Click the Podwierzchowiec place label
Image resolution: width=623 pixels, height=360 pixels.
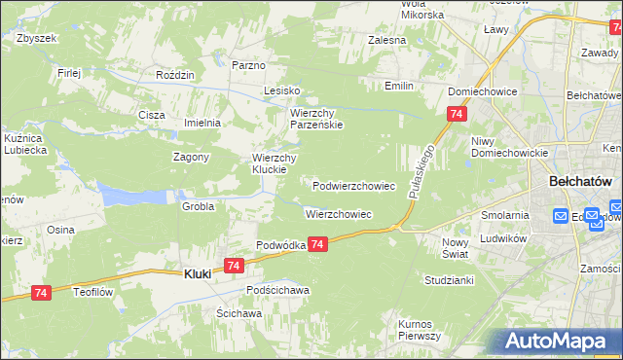pyautogui.click(x=353, y=185)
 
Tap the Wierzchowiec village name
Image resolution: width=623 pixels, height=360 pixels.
pyautogui.click(x=339, y=214)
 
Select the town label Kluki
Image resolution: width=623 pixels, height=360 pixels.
pyautogui.click(x=200, y=275)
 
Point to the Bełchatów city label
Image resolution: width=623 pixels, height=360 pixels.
pyautogui.click(x=579, y=181)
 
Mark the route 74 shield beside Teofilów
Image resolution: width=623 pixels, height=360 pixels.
pyautogui.click(x=41, y=292)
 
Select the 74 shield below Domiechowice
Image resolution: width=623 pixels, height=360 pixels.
pyautogui.click(x=456, y=115)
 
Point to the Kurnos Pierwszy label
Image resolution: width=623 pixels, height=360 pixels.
pyautogui.click(x=420, y=329)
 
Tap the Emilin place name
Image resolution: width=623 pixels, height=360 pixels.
pyautogui.click(x=398, y=86)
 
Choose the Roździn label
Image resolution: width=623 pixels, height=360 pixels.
pyautogui.click(x=175, y=74)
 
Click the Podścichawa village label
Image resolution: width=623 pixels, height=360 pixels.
pyautogui.click(x=277, y=290)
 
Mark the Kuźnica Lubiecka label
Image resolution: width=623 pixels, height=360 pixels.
pyautogui.click(x=26, y=145)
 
